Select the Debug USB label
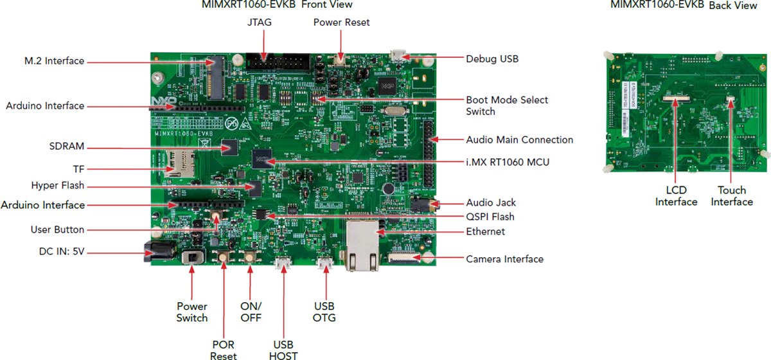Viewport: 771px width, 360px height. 492,59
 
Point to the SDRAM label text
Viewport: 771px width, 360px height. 66,146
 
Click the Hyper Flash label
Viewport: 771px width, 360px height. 58,186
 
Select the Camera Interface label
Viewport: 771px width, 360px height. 504,259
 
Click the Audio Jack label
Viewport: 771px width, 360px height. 491,203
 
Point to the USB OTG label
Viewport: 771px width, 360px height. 324,311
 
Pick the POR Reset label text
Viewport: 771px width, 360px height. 223,350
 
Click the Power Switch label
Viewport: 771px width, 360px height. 192,312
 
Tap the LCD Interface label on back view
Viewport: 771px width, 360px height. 676,196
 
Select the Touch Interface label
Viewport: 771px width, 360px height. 732,196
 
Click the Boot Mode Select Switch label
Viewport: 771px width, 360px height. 507,105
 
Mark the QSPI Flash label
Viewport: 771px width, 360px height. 490,217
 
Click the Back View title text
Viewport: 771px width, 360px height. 733,5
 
